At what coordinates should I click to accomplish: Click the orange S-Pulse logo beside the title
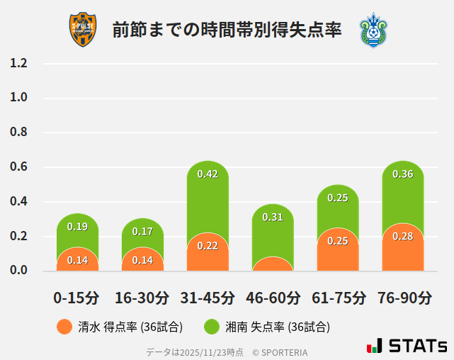pyautogui.click(x=82, y=30)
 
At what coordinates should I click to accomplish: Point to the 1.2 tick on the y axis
pyautogui.click(x=18, y=63)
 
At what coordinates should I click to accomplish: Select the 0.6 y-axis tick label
pyautogui.click(x=18, y=167)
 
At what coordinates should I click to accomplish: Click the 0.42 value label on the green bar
pyautogui.click(x=208, y=174)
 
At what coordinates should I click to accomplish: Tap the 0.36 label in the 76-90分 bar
pyautogui.click(x=402, y=174)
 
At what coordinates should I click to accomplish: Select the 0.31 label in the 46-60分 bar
pyautogui.click(x=273, y=217)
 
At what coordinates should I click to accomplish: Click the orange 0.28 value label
pyautogui.click(x=402, y=236)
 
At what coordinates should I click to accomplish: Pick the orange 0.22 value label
pyautogui.click(x=208, y=246)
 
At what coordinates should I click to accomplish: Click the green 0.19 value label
pyautogui.click(x=77, y=227)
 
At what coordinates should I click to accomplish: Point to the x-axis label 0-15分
pyautogui.click(x=77, y=297)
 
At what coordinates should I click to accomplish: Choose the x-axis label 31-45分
pyautogui.click(x=208, y=297)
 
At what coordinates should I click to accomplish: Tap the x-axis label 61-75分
pyautogui.click(x=338, y=297)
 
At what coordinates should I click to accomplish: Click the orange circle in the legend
pyautogui.click(x=64, y=327)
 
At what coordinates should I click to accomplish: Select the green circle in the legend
pyautogui.click(x=212, y=327)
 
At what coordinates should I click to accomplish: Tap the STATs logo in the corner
pyautogui.click(x=407, y=346)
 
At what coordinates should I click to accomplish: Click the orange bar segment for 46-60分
pyautogui.click(x=273, y=264)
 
